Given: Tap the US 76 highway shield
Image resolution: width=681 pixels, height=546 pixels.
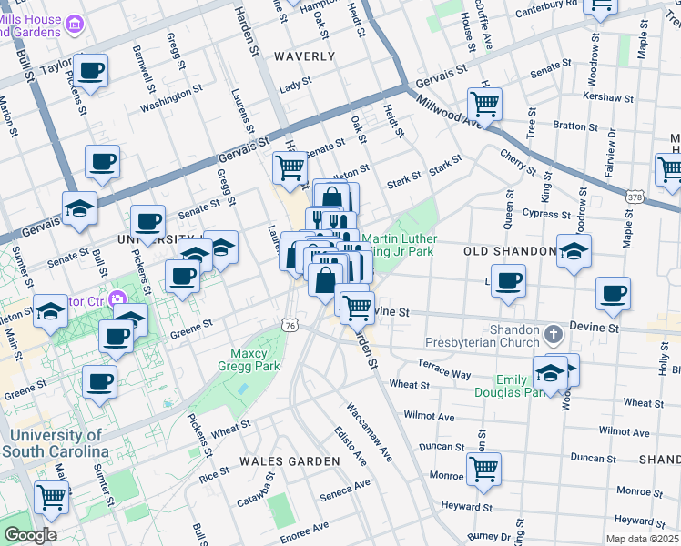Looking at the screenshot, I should pos(290,325).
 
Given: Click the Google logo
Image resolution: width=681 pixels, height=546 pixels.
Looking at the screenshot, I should pos(30,535).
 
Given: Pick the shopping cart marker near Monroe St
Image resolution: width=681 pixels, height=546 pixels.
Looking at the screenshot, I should pos(483,470).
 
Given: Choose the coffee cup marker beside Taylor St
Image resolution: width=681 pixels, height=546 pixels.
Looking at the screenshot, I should pos(90,70).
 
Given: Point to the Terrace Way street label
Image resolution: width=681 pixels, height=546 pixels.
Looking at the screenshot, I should pos(444,369).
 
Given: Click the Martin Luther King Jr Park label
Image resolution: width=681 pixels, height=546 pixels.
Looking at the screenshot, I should pos(401,247).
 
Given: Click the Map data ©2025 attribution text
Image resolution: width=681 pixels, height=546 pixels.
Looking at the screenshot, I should pos(642,538).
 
